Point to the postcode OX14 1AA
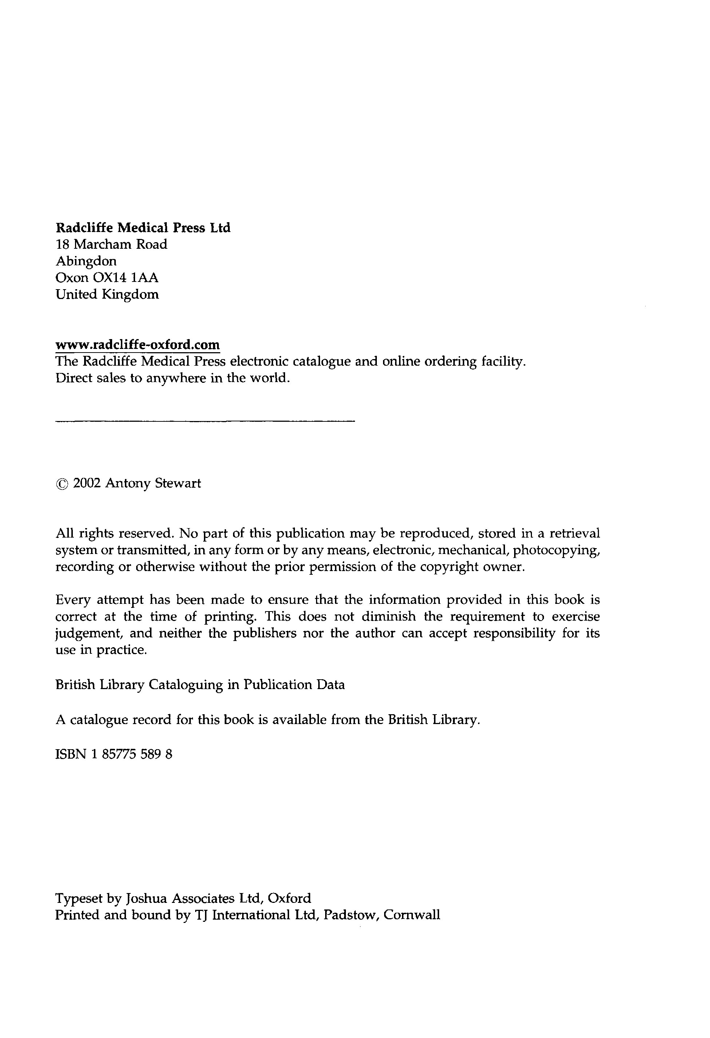click(125, 278)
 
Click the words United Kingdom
click(107, 294)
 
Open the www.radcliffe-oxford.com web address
click(138, 345)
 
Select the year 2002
click(87, 483)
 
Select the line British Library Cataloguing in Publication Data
click(200, 685)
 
